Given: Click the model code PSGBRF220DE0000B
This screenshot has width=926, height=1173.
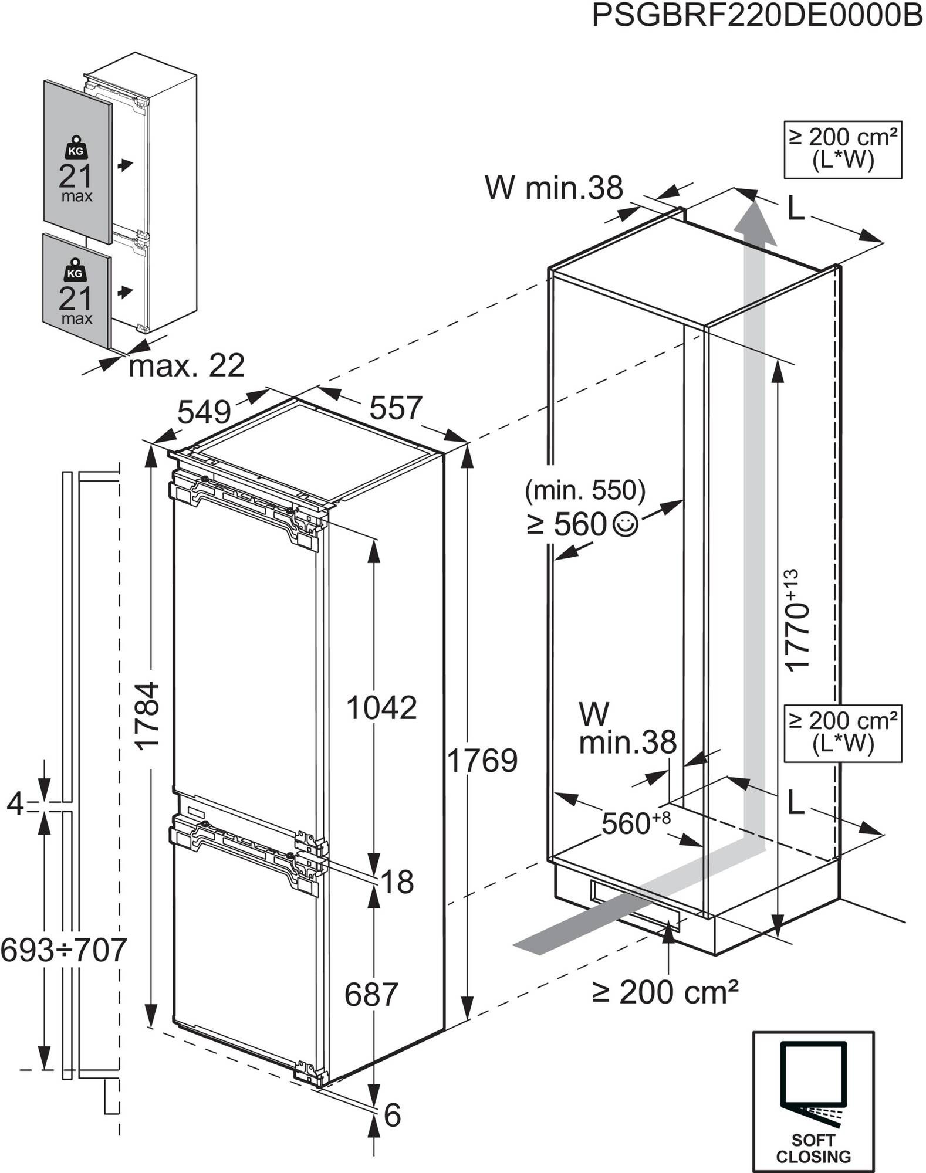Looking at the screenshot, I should click(757, 16).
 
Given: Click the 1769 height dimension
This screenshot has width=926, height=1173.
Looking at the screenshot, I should click(482, 761).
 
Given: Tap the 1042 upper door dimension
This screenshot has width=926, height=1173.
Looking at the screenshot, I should click(381, 707).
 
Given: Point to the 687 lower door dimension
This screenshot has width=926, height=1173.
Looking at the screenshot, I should click(371, 995).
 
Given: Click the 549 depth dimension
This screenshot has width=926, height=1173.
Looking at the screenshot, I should click(204, 412).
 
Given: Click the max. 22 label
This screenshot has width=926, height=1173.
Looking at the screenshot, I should click(186, 366).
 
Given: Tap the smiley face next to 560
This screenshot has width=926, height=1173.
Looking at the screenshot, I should click(624, 524).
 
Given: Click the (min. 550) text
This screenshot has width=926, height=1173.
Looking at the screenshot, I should click(585, 490).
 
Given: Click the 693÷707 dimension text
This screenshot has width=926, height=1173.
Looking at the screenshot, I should click(63, 950).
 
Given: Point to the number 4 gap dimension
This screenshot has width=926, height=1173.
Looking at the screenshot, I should click(15, 804).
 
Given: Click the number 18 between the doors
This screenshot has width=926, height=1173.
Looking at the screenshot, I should click(397, 882).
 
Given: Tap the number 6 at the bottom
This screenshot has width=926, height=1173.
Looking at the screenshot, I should click(392, 1115).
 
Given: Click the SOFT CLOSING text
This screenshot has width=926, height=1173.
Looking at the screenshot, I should click(813, 1148).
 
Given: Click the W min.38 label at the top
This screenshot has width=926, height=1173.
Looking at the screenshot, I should click(553, 188).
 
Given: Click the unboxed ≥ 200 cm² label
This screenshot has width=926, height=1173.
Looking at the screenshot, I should click(665, 992).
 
